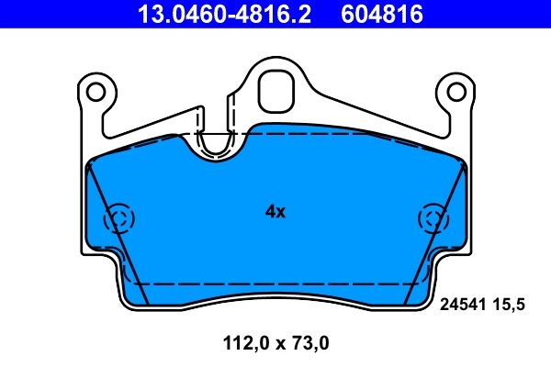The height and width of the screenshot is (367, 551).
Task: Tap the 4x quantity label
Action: pyautogui.click(x=275, y=212)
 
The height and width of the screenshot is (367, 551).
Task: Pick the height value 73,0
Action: pyautogui.click(x=308, y=345)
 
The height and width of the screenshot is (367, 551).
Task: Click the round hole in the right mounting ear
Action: pyautogui.click(x=455, y=91)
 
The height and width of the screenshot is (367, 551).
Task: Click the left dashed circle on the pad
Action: pyautogui.click(x=119, y=218)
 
